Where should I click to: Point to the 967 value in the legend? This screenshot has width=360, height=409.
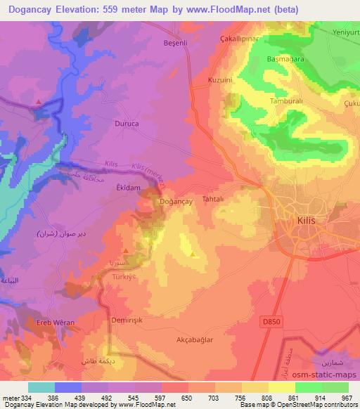click(x=346, y=398)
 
